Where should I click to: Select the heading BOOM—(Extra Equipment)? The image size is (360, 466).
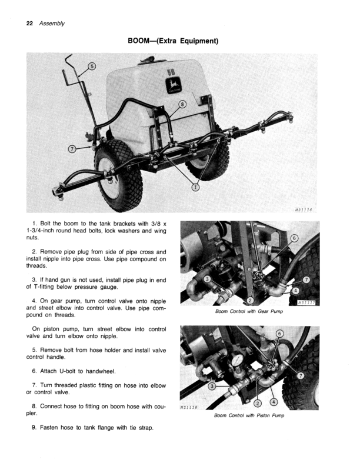coord(173,42)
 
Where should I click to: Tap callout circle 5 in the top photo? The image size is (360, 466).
coord(93,65)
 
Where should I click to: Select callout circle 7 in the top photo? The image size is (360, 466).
coord(72,148)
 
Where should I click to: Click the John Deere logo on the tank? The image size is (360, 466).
coord(174,87)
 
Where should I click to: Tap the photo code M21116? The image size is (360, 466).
coord(304,209)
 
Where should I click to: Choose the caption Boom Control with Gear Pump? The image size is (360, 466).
coord(250,311)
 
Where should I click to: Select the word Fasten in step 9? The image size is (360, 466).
coord(50,427)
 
